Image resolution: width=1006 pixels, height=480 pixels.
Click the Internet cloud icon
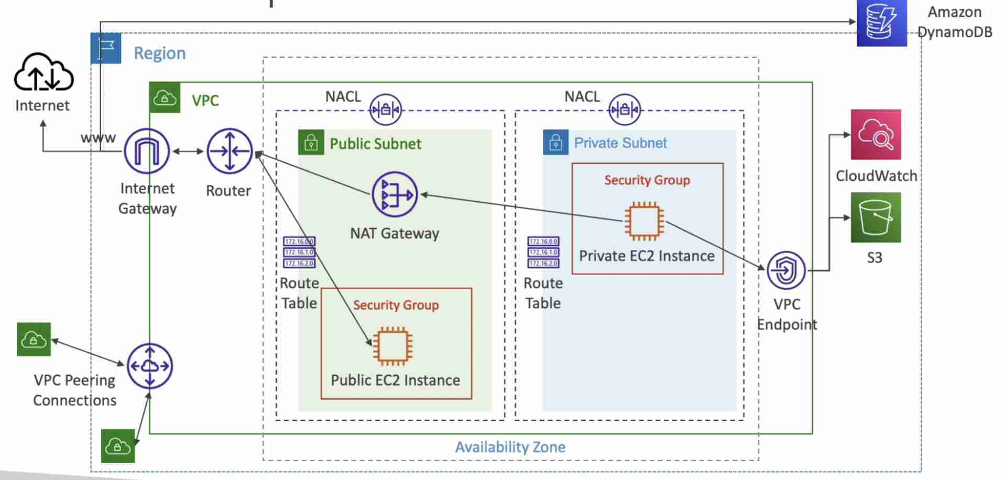(x=43, y=73)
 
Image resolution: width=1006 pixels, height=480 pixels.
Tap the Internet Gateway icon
(x=147, y=151)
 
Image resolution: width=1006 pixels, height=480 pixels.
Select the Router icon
(x=229, y=151)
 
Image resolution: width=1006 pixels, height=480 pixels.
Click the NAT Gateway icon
(x=395, y=194)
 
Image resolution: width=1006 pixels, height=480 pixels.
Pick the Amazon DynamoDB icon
(x=881, y=23)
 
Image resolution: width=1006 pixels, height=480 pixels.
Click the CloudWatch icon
(x=876, y=135)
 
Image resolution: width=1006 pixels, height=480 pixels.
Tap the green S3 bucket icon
(x=876, y=217)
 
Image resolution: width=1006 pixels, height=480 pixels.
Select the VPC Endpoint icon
(x=786, y=270)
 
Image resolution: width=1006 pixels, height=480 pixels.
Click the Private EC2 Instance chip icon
(x=644, y=221)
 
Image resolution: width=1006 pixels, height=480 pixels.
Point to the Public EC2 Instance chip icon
(x=392, y=346)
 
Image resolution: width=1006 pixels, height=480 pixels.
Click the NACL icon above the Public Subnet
(x=386, y=110)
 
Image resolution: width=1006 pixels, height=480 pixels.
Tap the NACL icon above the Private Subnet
(x=624, y=110)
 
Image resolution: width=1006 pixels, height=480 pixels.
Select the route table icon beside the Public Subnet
(x=299, y=252)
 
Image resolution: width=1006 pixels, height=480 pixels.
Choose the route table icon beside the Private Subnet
(x=543, y=252)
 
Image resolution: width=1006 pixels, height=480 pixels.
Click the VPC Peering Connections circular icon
(x=150, y=366)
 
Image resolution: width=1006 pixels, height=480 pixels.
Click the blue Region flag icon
(x=106, y=48)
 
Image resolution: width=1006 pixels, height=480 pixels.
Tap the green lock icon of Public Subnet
(x=311, y=143)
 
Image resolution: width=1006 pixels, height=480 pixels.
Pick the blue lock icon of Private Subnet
(x=555, y=143)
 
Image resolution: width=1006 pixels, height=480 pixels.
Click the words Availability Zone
(x=510, y=447)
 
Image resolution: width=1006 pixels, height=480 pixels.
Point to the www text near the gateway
(x=98, y=138)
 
